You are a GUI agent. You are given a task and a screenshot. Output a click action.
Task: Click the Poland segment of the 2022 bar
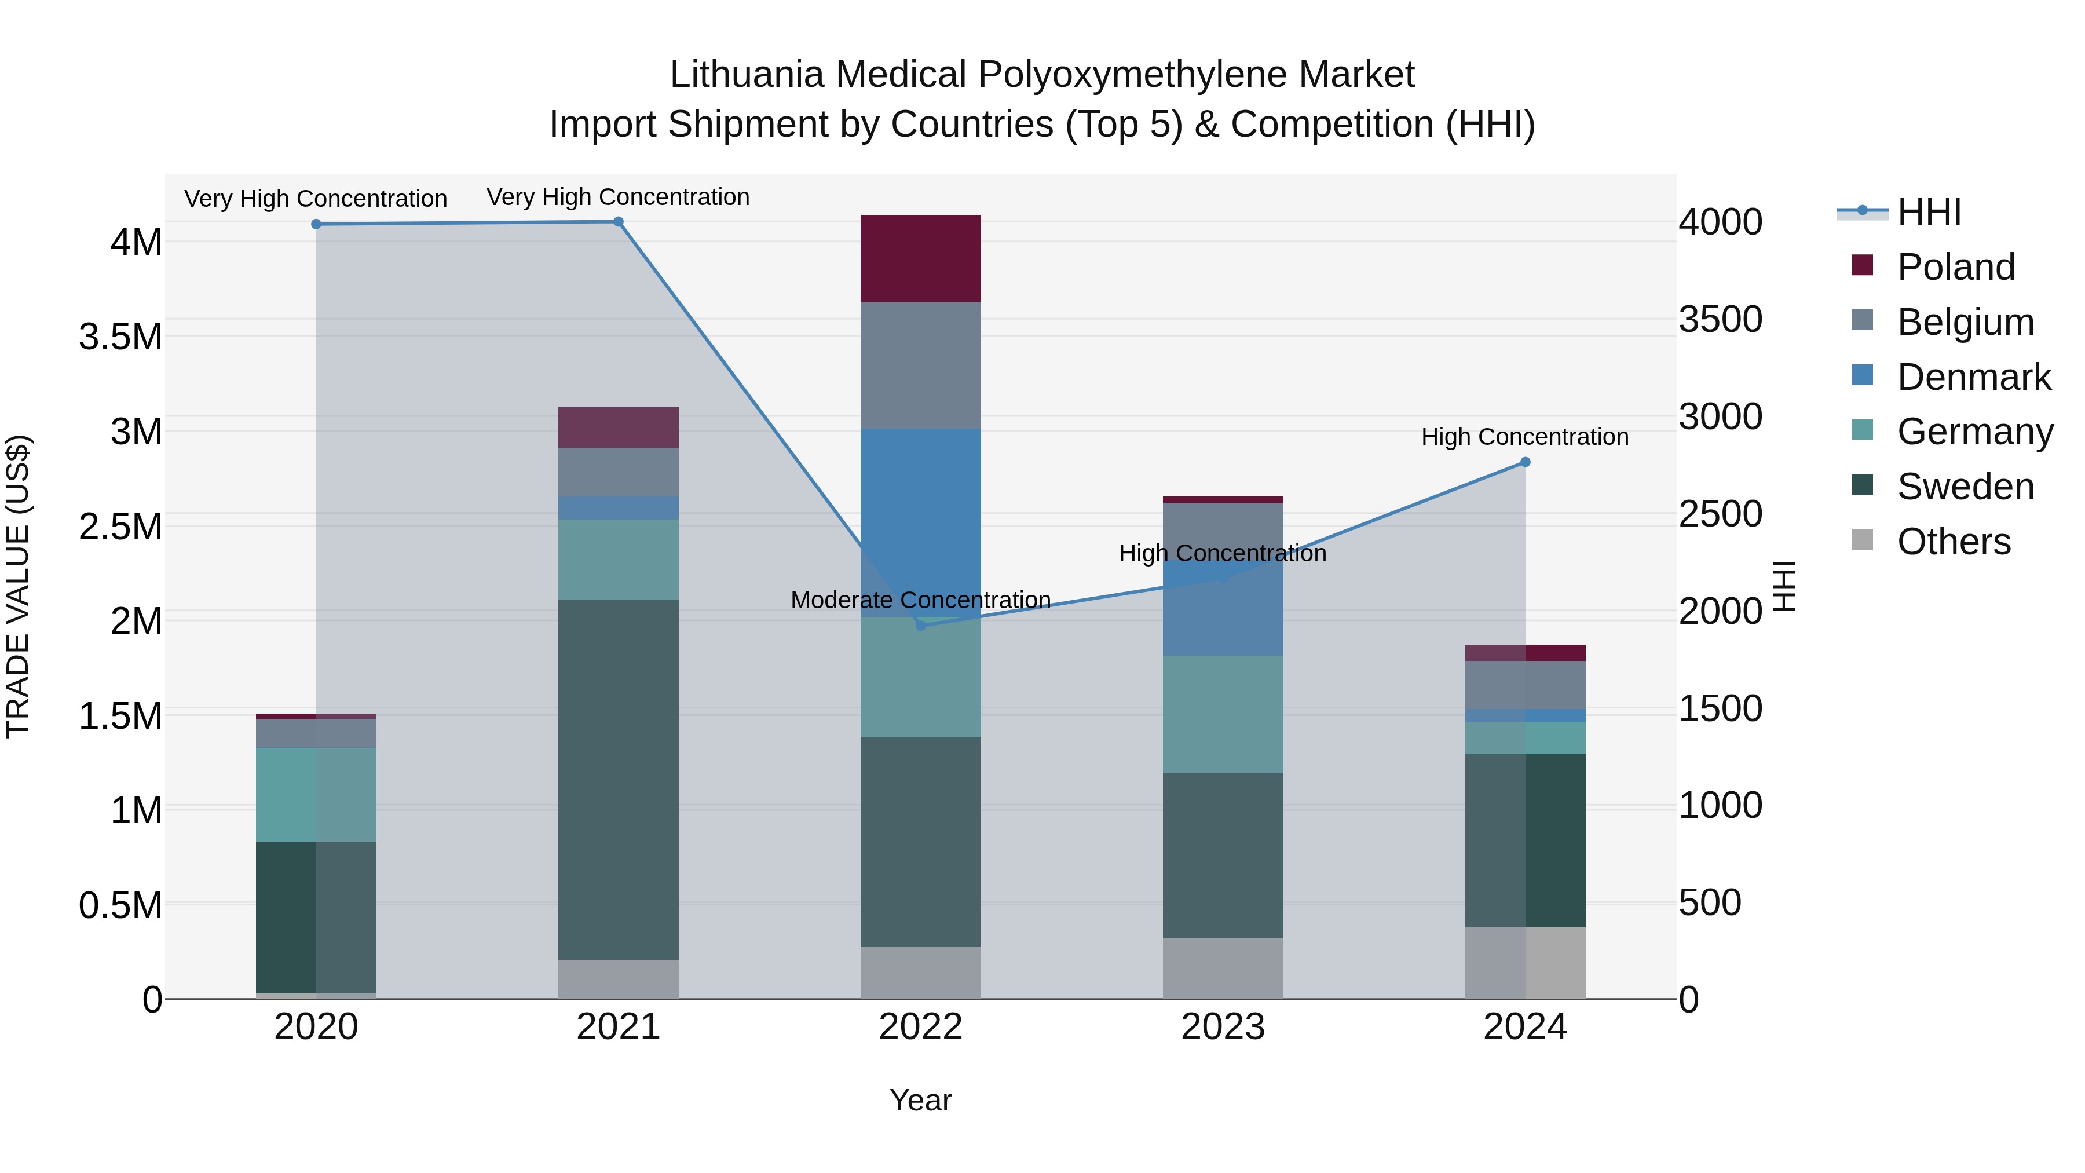[x=920, y=258]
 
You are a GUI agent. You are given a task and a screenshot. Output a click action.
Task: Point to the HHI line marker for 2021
[x=619, y=222]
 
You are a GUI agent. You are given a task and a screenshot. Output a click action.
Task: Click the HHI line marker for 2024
[x=1525, y=462]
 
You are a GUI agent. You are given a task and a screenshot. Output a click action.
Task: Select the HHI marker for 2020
[x=316, y=224]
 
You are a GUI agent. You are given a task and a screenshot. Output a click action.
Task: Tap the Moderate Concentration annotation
[x=920, y=600]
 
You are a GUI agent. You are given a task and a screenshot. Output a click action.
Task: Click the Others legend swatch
[x=1863, y=540]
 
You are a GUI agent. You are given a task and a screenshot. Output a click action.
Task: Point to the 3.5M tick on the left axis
[x=120, y=337]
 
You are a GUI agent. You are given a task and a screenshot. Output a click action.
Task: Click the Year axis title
[x=920, y=1100]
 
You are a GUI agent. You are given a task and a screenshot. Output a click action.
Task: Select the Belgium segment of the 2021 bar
[x=619, y=472]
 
